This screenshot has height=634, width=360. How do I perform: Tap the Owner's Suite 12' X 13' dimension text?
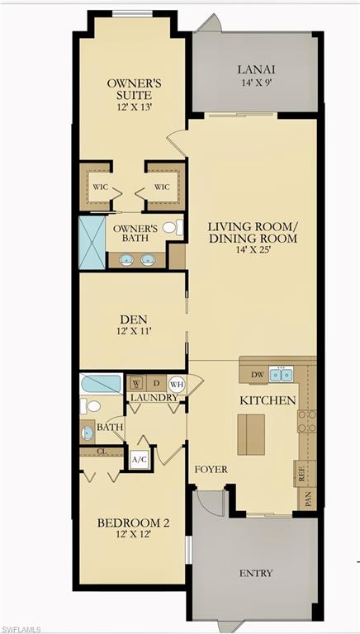point(133,106)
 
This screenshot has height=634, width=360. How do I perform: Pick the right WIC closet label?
point(162,187)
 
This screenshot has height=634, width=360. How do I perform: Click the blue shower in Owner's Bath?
point(92,241)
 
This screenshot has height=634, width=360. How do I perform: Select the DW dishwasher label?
point(257,375)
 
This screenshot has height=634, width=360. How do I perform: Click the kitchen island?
point(251,434)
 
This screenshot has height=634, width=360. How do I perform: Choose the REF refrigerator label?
point(301,475)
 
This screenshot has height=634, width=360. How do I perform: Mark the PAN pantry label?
point(307,498)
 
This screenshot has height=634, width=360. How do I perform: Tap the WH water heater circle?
point(175,384)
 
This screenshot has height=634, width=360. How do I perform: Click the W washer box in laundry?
point(136,384)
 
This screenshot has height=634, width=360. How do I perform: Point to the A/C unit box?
point(138,459)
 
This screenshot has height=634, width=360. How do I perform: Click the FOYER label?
point(211,470)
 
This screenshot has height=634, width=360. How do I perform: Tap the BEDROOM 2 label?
point(133,523)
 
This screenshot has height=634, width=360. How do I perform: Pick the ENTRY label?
point(256,573)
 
